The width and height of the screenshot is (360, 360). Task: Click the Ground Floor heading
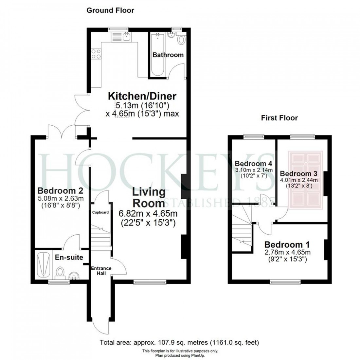(x=110, y=10)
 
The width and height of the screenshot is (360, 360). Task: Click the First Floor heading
(x=279, y=118)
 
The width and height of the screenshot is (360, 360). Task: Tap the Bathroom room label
(x=168, y=55)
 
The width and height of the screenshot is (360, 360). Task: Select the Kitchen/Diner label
(x=142, y=96)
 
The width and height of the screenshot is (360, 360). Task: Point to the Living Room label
(x=149, y=197)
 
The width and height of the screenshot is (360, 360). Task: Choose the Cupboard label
(x=100, y=212)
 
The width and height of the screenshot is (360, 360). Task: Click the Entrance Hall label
(x=101, y=271)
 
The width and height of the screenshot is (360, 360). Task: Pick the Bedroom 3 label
(x=299, y=173)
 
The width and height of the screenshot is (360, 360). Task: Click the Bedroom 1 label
(x=287, y=244)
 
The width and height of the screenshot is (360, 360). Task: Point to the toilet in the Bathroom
(x=181, y=40)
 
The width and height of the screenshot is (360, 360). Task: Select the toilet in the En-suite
(x=60, y=272)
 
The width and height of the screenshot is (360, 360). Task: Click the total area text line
(x=180, y=343)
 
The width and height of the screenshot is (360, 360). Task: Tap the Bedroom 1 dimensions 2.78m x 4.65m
(x=287, y=252)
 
